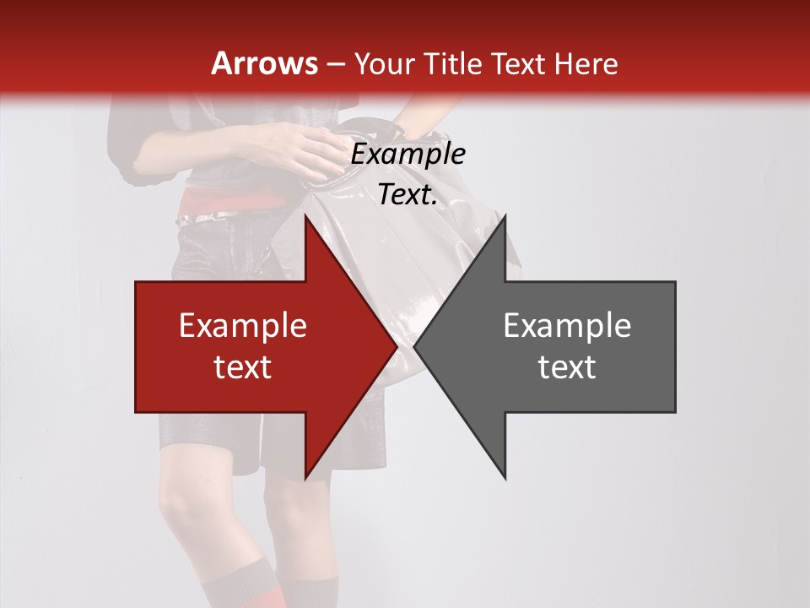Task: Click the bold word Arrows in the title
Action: coord(265,63)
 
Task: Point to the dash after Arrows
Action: coord(335,64)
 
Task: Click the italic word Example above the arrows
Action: coord(408,155)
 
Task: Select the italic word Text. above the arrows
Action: coord(408,194)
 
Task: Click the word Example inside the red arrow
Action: coord(243,326)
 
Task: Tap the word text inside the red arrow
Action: coord(243,366)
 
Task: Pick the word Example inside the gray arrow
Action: coord(567,326)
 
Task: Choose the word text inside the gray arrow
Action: coord(567,366)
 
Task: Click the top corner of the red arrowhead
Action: coord(305,216)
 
